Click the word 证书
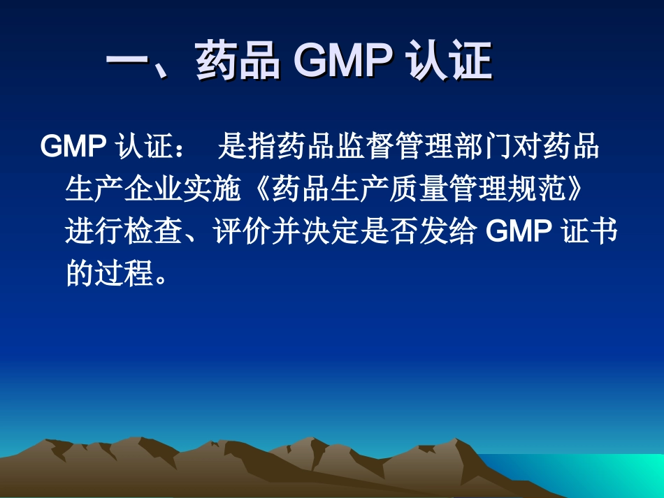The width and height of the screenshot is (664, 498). point(591,231)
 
